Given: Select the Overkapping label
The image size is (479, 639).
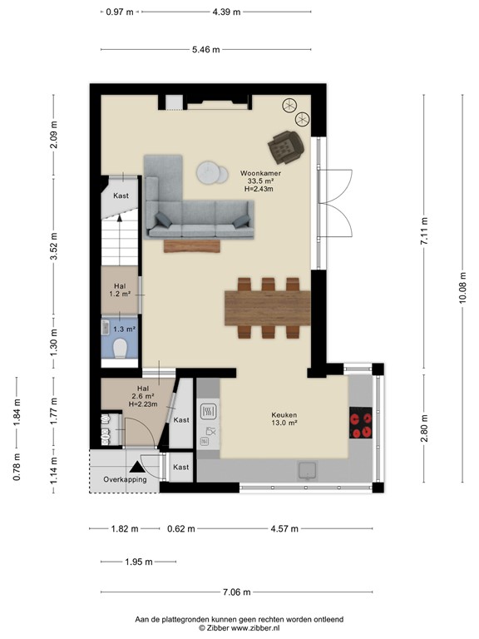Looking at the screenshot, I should coord(125,480).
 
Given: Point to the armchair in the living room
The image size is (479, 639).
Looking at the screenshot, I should coord(287,146).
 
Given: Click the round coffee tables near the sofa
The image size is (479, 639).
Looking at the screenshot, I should coord(212,173).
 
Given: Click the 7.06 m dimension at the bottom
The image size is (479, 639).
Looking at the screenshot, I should coord(238,592).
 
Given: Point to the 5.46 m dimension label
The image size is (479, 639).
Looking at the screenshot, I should coord(205,50).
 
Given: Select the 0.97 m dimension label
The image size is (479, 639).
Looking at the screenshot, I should coord(120,12).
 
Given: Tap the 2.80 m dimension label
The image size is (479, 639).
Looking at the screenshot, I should coord(424,428).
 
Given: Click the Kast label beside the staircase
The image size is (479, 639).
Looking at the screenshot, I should coord(121,196).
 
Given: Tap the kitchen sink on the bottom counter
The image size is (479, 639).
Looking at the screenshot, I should coord(308,470).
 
